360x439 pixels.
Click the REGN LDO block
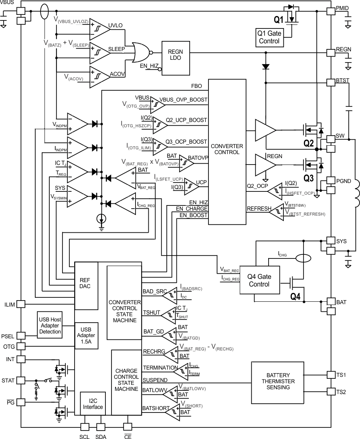click(x=176, y=58)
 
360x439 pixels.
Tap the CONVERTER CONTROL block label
click(x=227, y=149)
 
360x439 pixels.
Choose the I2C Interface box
click(x=93, y=403)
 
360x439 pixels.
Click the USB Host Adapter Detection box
click(x=50, y=325)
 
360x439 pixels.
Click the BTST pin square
click(x=330, y=81)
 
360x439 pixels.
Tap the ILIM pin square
click(x=21, y=305)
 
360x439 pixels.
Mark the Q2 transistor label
click(x=309, y=142)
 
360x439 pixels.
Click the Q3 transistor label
click(x=309, y=177)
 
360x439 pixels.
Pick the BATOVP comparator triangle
click(x=186, y=161)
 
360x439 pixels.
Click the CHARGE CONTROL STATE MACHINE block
click(x=126, y=382)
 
